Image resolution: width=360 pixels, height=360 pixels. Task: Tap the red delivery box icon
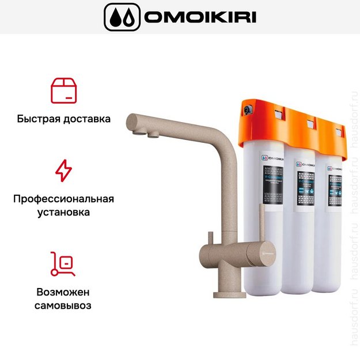[63, 90]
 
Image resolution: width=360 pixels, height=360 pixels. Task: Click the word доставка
[86, 119]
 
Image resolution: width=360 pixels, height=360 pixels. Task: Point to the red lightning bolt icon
[63, 170]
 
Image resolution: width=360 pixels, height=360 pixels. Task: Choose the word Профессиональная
[63, 199]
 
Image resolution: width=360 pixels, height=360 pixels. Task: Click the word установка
[63, 212]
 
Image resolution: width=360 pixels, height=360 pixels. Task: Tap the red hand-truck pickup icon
[63, 263]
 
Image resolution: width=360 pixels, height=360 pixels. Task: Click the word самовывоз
[63, 305]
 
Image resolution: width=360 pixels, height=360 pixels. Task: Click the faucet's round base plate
[229, 294]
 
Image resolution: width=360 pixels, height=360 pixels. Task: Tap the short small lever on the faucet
[211, 237]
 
